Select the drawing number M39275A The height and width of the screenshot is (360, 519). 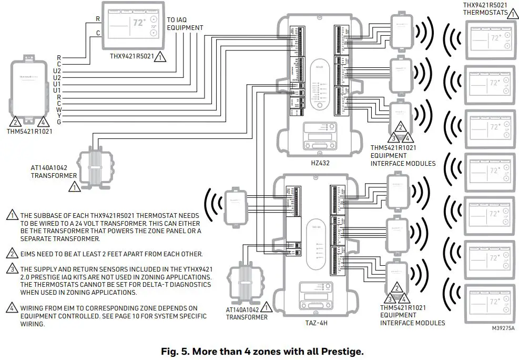pyautogui.click(x=503, y=327)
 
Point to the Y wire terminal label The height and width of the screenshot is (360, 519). pyautogui.click(x=59, y=116)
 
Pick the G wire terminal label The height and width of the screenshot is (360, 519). pyautogui.click(x=59, y=122)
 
